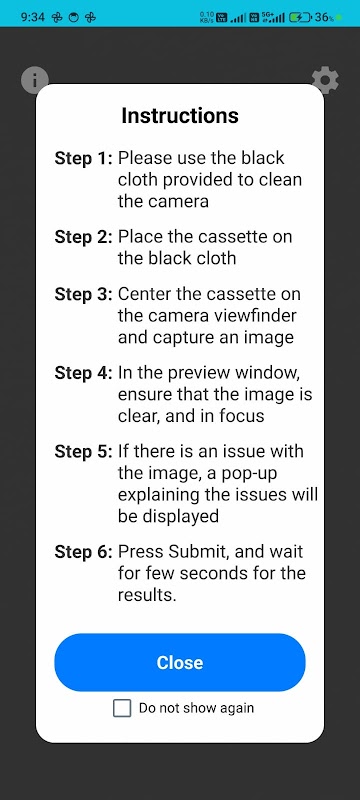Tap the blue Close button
[179, 662]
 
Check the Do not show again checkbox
[122, 708]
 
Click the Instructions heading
[180, 116]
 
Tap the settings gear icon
[325, 80]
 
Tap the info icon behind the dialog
[35, 80]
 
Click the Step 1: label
[83, 158]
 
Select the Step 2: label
[83, 237]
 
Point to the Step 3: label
[83, 294]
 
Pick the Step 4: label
[83, 373]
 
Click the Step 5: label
[83, 452]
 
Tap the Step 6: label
[83, 552]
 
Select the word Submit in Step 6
[197, 552]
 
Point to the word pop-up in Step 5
[244, 474]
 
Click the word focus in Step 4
[242, 416]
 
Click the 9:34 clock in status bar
[33, 17]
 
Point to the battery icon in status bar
[300, 17]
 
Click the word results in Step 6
[147, 595]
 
